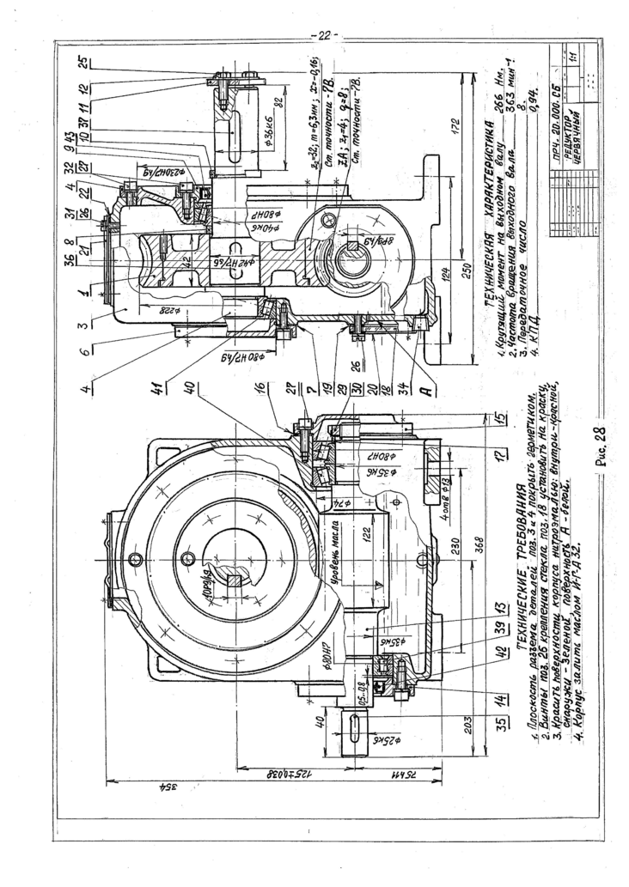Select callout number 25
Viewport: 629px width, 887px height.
(x=83, y=62)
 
